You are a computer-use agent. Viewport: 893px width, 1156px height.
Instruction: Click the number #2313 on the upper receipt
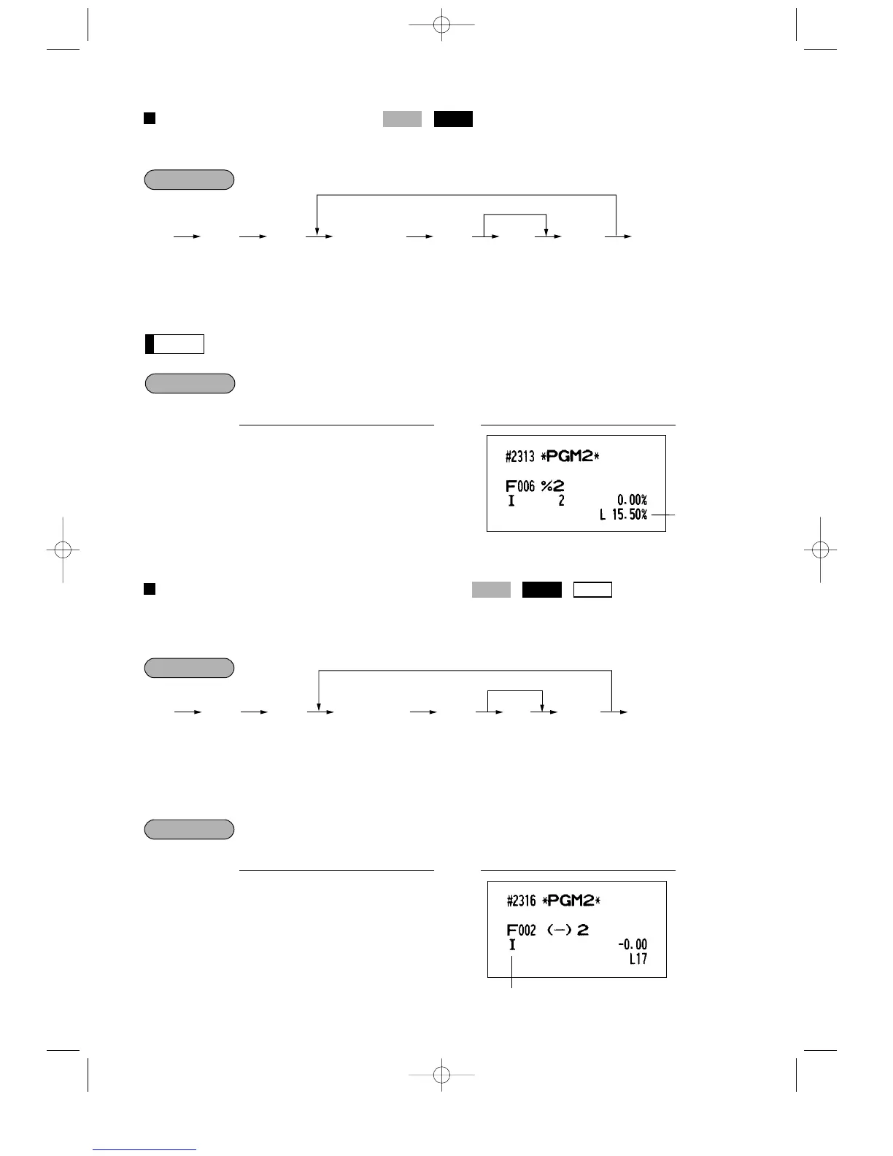point(519,458)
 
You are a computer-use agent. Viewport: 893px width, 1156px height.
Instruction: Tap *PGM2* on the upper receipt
point(570,457)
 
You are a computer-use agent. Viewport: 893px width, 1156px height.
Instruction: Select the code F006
point(520,486)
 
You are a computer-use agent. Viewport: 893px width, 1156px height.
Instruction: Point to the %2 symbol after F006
point(552,486)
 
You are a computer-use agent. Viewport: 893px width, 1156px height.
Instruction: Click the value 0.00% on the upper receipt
point(632,501)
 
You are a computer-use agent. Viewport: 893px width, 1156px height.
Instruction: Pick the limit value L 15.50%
point(624,515)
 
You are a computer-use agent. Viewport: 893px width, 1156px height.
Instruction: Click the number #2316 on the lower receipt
point(522,901)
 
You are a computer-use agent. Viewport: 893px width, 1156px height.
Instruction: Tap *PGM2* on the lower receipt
point(572,901)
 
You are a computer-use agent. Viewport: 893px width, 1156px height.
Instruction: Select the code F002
point(522,930)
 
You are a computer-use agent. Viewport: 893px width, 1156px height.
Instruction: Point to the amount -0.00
point(633,945)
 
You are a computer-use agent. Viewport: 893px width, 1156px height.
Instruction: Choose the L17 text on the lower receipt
point(638,960)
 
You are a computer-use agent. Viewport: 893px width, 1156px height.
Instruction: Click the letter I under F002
point(512,946)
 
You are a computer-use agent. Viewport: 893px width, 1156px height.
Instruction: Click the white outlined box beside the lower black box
point(592,590)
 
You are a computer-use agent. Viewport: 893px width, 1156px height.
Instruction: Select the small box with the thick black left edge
point(174,344)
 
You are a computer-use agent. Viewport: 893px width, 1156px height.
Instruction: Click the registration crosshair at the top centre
point(441,25)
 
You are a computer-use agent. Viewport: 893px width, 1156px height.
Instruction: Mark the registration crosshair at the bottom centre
point(441,1074)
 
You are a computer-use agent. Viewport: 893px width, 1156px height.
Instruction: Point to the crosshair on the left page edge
point(63,550)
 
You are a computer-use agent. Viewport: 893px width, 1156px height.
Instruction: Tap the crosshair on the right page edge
point(820,550)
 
